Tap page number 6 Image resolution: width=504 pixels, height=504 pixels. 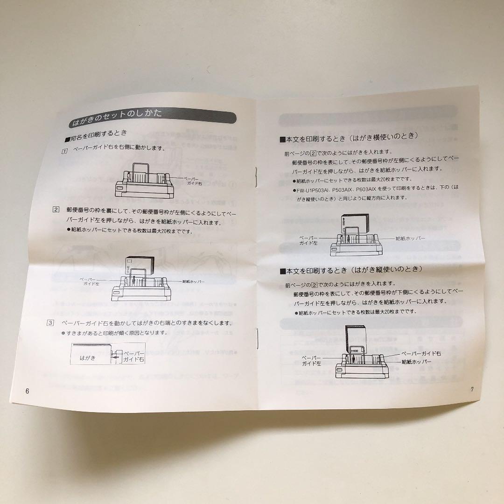[27, 391]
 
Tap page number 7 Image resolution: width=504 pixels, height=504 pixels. [472, 390]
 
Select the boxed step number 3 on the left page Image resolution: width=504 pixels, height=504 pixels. [50, 323]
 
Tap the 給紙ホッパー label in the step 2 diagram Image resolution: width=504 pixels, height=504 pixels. [194, 281]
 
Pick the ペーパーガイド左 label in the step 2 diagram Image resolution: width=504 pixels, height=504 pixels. [90, 280]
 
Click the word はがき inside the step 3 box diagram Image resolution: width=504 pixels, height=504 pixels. [88, 357]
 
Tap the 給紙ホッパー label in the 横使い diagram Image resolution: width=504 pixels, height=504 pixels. [411, 238]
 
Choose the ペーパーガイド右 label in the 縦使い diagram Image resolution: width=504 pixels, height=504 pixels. [421, 353]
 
